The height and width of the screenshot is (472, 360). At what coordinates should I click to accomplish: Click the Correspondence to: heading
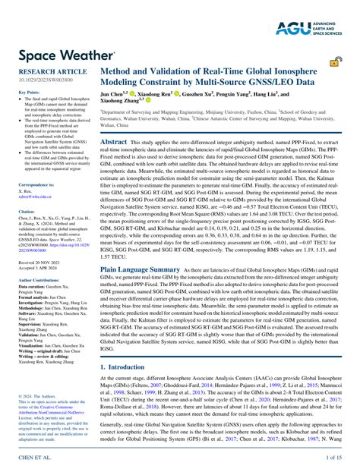pos(36,185)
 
